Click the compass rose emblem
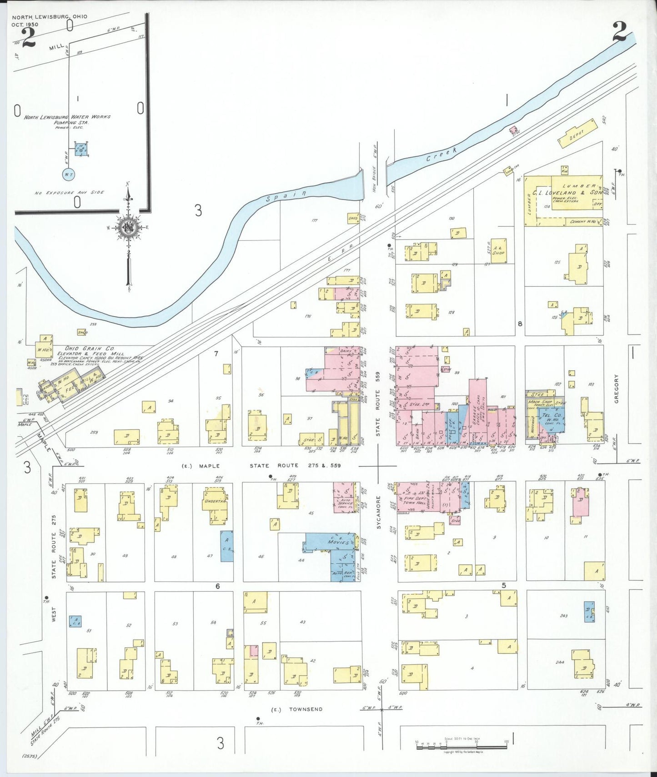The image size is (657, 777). pos(129,227)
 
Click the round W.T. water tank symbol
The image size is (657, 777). pos(68,174)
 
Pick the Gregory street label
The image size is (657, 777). pos(617,388)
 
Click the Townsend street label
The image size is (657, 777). pos(306,709)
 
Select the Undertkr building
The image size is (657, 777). pos(215,501)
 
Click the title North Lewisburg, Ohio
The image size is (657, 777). pos(50,17)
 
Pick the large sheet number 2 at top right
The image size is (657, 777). pos(622,32)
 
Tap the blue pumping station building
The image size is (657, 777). pos(81,149)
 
